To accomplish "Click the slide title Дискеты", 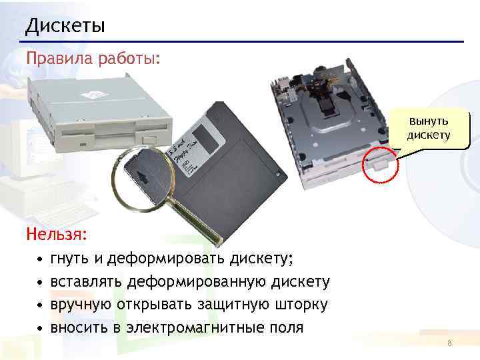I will pos(65,26).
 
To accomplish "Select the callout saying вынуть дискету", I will pos(429,128).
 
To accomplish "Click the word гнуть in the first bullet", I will pos(69,259).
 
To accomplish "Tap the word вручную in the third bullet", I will pos(81,305).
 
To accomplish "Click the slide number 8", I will pos(450,343).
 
